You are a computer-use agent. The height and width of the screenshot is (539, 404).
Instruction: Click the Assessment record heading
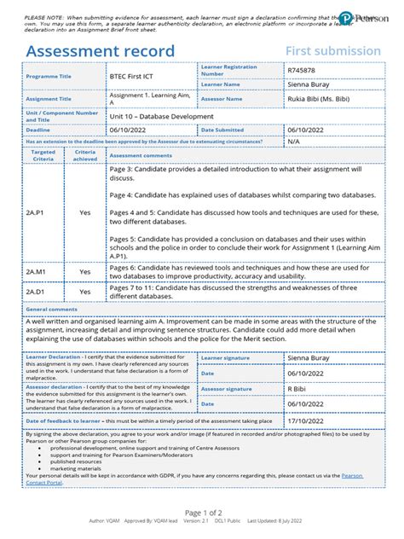[101, 51]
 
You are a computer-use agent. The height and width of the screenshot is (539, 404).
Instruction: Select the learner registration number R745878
[303, 71]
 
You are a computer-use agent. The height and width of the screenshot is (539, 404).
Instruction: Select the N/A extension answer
[294, 142]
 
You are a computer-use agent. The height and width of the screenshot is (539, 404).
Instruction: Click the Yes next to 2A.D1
[84, 292]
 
